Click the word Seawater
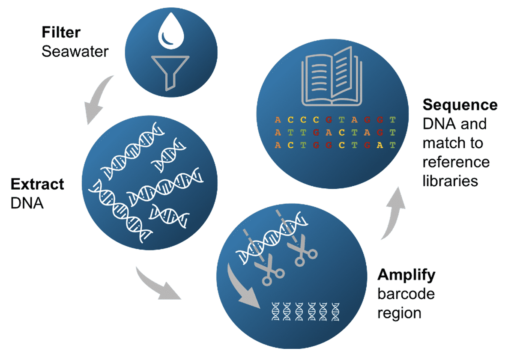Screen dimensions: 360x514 pyautogui.click(x=75, y=51)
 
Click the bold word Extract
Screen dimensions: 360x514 pyautogui.click(x=37, y=184)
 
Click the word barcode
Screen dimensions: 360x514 pyautogui.click(x=406, y=294)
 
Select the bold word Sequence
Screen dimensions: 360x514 pyautogui.click(x=460, y=105)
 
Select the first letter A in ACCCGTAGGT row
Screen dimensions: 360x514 pyautogui.click(x=278, y=120)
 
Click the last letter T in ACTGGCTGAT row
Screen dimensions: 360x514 pyautogui.click(x=393, y=146)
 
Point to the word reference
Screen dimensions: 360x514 pyautogui.click(x=456, y=162)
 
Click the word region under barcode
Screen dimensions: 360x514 pyautogui.click(x=399, y=312)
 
